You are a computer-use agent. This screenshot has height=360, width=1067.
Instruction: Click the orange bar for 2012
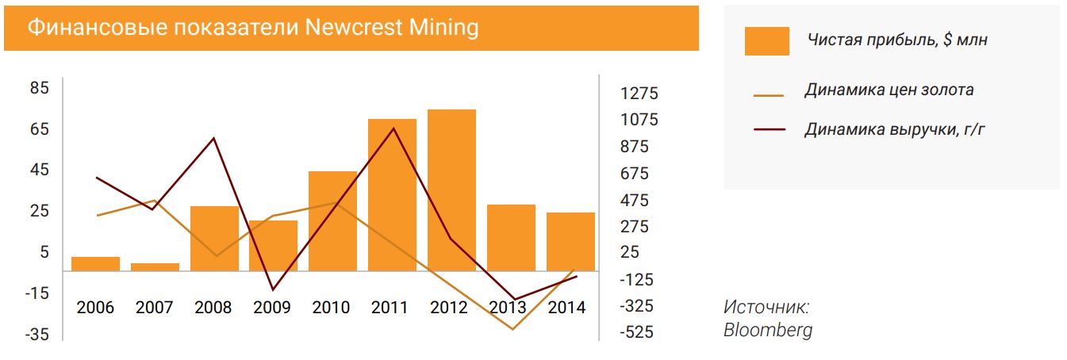tap(451, 190)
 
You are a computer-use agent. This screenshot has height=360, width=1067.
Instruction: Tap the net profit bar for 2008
tap(214, 238)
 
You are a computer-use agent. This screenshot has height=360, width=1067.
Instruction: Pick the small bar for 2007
tap(155, 266)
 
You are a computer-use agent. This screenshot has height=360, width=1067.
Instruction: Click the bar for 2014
tap(570, 241)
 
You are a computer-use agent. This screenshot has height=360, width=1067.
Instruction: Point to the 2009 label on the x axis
tap(273, 308)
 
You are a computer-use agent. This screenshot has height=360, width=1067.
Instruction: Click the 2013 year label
tap(511, 308)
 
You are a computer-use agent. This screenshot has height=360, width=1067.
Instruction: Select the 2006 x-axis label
tap(95, 308)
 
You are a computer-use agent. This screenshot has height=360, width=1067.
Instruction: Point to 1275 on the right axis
tap(639, 94)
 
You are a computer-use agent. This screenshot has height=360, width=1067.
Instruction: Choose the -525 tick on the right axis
tap(638, 332)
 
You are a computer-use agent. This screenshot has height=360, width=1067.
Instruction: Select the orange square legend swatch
tap(766, 41)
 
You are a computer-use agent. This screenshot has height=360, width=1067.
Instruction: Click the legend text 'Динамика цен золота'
tap(889, 90)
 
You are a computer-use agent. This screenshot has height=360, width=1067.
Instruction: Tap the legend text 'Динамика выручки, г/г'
tap(893, 129)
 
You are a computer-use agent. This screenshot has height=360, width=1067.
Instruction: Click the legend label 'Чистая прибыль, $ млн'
tap(897, 40)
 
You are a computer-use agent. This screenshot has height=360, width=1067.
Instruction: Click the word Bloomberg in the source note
tap(767, 330)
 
